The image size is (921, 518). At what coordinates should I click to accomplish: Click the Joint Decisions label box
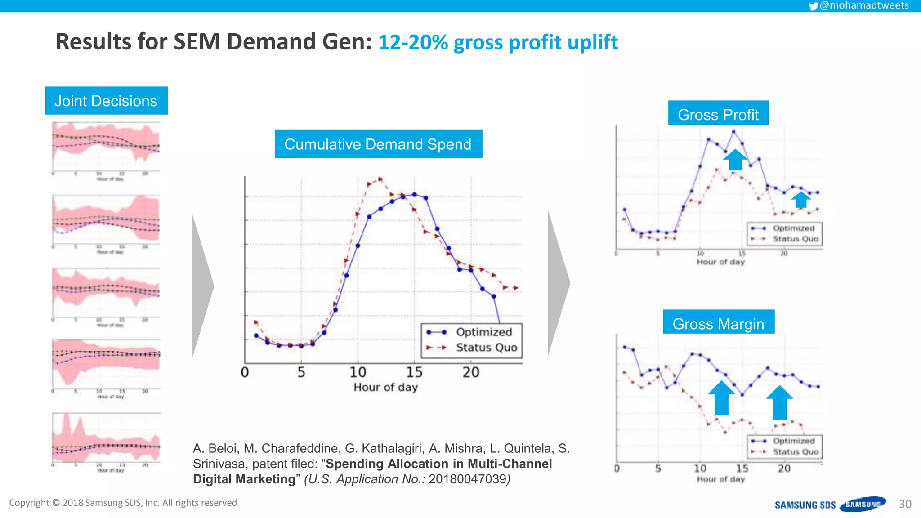106,101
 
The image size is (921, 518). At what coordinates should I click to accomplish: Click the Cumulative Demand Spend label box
378,144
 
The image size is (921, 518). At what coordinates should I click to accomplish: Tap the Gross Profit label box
718,114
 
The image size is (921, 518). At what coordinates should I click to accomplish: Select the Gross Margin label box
718,323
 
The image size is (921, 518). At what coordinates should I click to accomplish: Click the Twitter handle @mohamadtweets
863,5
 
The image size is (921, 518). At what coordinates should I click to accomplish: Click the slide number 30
905,504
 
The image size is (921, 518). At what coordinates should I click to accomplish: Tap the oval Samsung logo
863,505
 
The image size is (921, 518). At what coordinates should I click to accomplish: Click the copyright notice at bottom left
123,503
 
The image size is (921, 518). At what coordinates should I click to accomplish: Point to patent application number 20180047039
468,479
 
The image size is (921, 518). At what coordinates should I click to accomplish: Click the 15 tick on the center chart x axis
414,372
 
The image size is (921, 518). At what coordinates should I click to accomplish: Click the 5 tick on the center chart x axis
301,372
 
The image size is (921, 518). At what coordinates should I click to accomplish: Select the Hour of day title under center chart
385,387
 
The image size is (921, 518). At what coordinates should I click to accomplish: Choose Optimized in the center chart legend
484,332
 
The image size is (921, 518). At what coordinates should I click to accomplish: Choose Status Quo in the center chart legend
487,348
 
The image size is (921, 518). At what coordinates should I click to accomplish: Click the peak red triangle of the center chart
380,179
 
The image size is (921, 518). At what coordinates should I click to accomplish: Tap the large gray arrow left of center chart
202,286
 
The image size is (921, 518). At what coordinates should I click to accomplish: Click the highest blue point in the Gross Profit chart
733,132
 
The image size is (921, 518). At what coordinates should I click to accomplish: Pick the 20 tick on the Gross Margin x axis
784,469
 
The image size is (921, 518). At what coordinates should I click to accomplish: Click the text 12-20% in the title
413,42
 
